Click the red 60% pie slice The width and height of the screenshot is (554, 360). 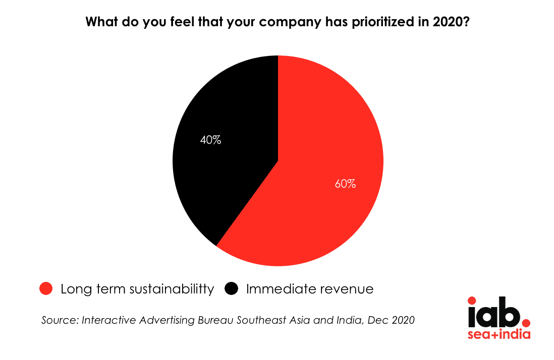pyautogui.click(x=318, y=176)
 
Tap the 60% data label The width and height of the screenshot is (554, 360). pyautogui.click(x=345, y=184)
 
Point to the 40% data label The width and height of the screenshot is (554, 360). pyautogui.click(x=210, y=140)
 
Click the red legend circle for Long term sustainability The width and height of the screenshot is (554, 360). pyautogui.click(x=46, y=289)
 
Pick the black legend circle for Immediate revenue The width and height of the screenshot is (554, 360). pyautogui.click(x=232, y=289)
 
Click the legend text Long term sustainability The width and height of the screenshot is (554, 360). pyautogui.click(x=137, y=289)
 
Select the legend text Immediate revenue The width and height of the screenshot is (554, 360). pyautogui.click(x=310, y=289)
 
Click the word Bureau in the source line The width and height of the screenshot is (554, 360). pyautogui.click(x=216, y=320)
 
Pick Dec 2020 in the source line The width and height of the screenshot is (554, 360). pyautogui.click(x=391, y=320)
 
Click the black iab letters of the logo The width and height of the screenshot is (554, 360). pyautogui.click(x=494, y=313)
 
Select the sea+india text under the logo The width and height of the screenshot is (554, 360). pyautogui.click(x=499, y=334)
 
